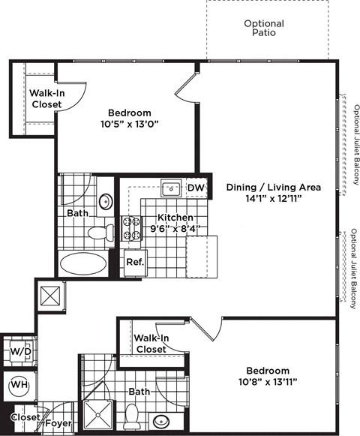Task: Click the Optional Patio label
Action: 263,28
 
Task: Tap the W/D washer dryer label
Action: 18,351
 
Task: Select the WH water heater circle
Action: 18,387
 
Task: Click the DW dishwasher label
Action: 195,188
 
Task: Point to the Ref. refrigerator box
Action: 135,263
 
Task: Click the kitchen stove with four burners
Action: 132,228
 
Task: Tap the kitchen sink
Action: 169,187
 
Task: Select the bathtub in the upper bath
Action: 82,263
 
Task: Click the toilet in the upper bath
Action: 98,233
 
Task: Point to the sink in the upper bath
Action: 106,201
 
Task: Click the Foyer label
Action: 58,423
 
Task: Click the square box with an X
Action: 49,295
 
